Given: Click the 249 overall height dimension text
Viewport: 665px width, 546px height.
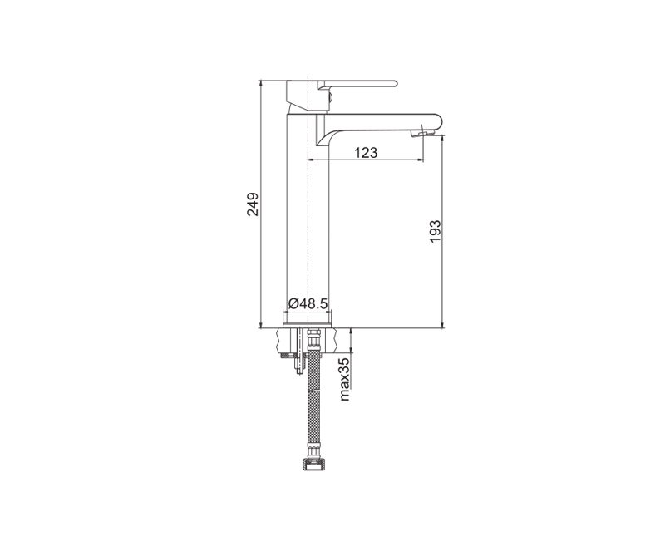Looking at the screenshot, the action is [253, 204].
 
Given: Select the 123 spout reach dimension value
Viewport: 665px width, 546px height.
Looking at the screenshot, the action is [366, 152].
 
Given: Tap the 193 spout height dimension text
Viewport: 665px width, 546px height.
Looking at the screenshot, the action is [435, 232].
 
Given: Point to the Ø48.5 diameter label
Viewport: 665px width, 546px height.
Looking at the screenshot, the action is [308, 303].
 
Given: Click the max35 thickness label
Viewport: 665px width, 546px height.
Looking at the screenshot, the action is [344, 379].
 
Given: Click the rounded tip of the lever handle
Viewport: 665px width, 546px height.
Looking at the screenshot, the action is [395, 83].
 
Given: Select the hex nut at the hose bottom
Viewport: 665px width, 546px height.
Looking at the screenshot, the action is [313, 464].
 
